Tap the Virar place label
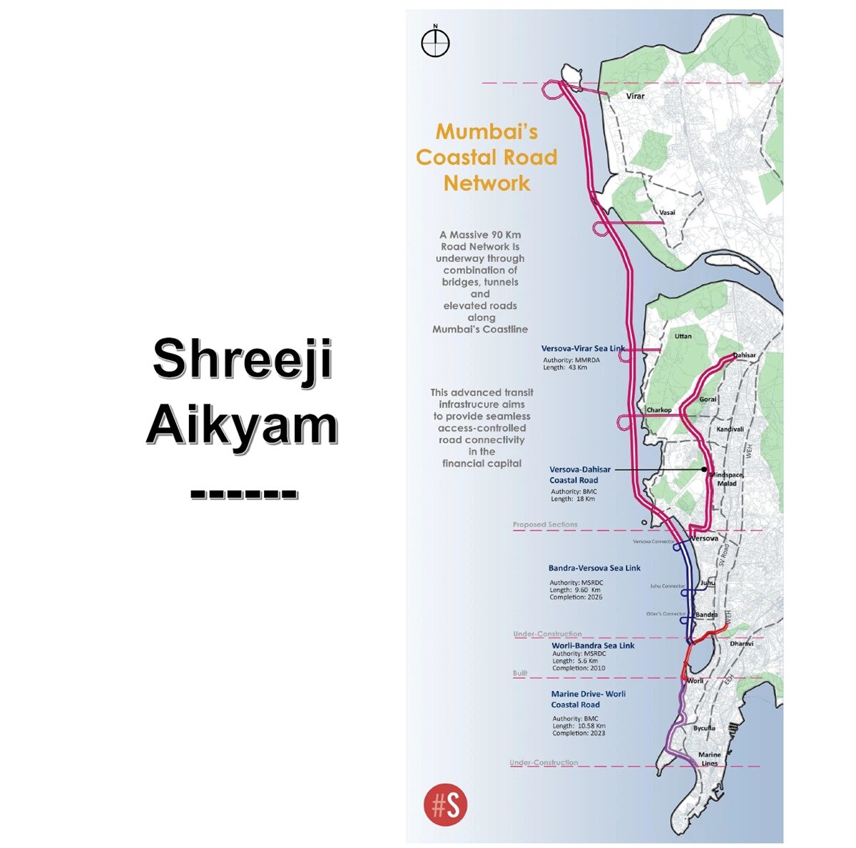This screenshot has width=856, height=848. coord(634,96)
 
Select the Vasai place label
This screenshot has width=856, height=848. coord(667,213)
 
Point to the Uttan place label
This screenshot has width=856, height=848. coord(683,336)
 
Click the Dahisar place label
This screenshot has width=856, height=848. coord(744,355)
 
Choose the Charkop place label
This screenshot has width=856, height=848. coord(659,410)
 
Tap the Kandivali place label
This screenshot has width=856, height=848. coord(730,429)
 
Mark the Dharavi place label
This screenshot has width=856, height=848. coord(742,643)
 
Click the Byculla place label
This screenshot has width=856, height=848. coord(704,728)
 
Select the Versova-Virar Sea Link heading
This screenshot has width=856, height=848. coord(583,349)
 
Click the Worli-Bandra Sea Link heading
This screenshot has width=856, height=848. coord(593,645)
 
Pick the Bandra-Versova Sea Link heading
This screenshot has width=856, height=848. coord(594,568)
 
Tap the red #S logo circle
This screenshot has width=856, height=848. coord(446,805)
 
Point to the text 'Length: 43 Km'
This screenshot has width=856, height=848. coord(566,368)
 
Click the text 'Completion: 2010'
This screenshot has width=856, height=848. coord(579,668)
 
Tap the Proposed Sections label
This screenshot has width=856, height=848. coord(545,525)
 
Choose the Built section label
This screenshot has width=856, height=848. coord(520,674)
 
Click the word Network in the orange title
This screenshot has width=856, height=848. coord(487,183)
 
